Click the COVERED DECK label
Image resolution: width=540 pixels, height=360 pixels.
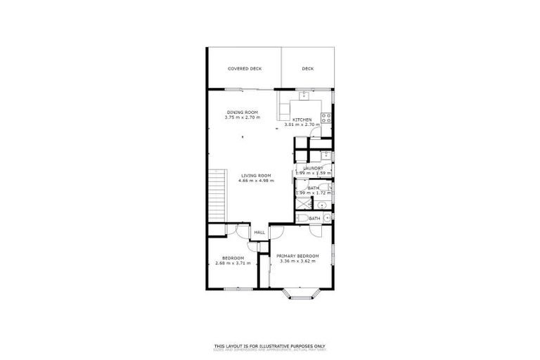point(244,69)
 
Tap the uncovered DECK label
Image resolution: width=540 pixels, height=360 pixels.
point(307,69)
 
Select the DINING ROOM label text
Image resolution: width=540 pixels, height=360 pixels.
point(243,112)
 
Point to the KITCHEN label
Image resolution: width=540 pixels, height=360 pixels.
point(302,120)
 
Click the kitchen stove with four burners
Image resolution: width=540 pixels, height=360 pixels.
point(327,118)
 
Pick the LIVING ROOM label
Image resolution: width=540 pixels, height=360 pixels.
point(256,176)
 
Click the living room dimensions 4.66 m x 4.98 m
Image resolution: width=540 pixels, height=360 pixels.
point(256,181)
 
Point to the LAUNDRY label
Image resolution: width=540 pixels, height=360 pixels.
point(313,168)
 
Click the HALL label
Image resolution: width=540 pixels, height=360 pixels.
point(259,233)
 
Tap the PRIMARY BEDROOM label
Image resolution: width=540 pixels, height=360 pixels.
point(297,255)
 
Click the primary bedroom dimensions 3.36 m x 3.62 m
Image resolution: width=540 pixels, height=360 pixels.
point(297,261)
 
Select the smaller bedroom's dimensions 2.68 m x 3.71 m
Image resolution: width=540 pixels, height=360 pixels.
point(232,263)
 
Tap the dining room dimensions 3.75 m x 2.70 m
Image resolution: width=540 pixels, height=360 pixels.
point(243,117)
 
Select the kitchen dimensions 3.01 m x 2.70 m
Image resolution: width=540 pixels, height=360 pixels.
point(302,125)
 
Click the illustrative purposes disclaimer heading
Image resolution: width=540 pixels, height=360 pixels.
point(270,345)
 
